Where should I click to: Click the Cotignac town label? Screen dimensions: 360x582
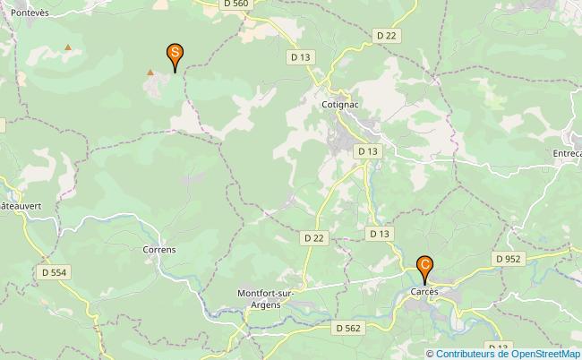tap(340, 104)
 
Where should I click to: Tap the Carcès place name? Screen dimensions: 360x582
tap(424, 293)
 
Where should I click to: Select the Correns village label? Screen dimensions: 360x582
tap(159, 250)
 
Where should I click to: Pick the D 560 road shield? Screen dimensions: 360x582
tap(236, 4)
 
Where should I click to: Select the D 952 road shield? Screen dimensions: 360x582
tap(507, 258)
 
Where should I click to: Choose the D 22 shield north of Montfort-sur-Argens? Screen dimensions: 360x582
tap(312, 237)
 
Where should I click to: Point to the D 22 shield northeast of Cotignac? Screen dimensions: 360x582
tap(386, 35)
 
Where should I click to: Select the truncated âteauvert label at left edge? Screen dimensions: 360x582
tap(15, 205)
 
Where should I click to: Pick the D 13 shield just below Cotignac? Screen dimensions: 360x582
tap(367, 151)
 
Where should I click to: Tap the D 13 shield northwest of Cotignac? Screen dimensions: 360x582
tap(300, 56)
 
